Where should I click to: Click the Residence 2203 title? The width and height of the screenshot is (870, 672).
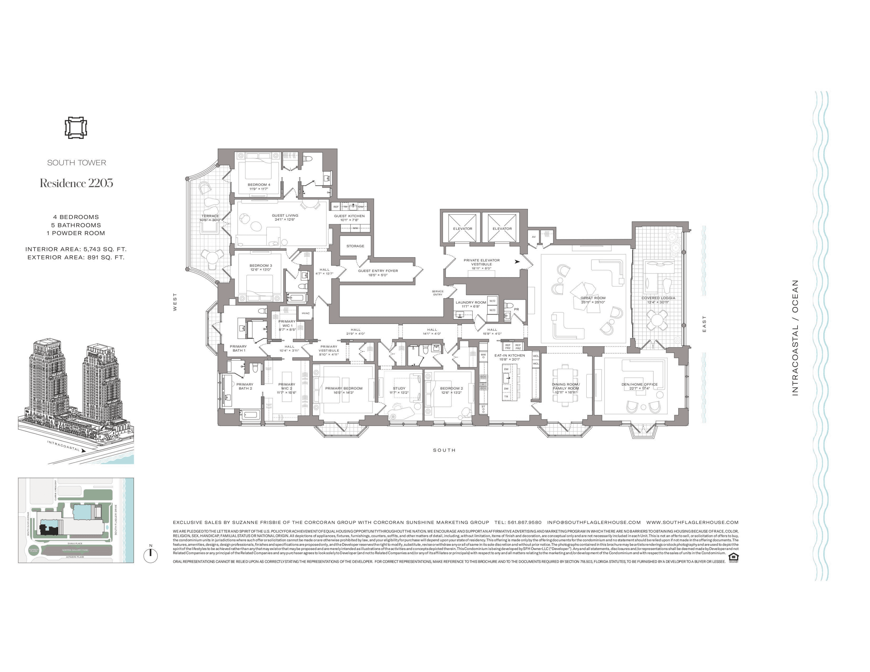pyautogui.click(x=77, y=183)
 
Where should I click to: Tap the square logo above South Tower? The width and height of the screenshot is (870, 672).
pyautogui.click(x=76, y=127)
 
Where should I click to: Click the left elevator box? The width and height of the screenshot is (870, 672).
pyautogui.click(x=463, y=228)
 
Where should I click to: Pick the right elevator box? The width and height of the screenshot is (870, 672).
pyautogui.click(x=502, y=228)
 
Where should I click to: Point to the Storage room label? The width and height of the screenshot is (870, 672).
pyautogui.click(x=355, y=246)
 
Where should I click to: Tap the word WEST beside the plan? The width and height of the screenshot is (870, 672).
pyautogui.click(x=175, y=302)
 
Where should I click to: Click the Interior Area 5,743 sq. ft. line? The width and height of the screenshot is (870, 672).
pyautogui.click(x=76, y=249)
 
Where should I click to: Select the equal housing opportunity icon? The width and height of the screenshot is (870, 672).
pyautogui.click(x=733, y=558)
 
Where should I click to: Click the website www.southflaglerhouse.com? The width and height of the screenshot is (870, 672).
pyautogui.click(x=692, y=522)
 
